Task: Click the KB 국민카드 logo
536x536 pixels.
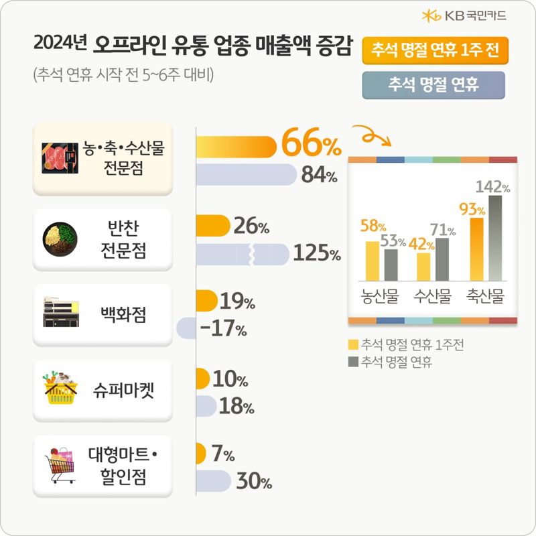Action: pos(464,15)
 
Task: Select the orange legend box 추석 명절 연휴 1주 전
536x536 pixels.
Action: pos(432,50)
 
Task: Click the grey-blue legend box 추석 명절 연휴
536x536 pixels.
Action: pos(432,84)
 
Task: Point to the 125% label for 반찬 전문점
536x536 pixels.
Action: pos(316,255)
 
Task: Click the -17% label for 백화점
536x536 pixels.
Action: pos(224,330)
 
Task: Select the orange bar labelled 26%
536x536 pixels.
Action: pos(213,226)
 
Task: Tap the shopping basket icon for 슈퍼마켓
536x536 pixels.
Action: pos(61,389)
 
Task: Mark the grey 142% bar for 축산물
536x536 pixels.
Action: pos(495,238)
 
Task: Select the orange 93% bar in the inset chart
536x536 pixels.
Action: pos(477,249)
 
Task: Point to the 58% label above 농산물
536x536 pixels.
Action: pos(373,226)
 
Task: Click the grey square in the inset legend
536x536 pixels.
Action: pos(353,362)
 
